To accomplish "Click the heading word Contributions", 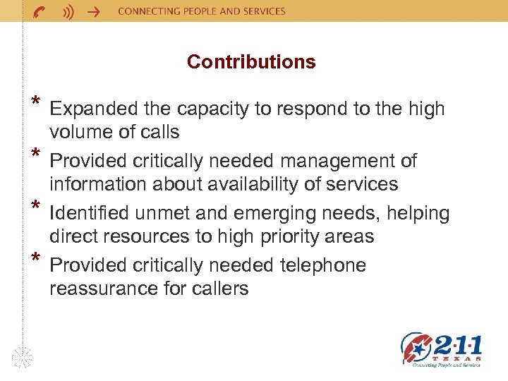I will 251,62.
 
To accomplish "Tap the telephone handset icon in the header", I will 41,11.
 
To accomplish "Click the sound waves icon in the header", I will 68,11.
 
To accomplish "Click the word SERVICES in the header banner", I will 262,11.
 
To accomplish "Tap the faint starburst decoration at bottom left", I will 23,357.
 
